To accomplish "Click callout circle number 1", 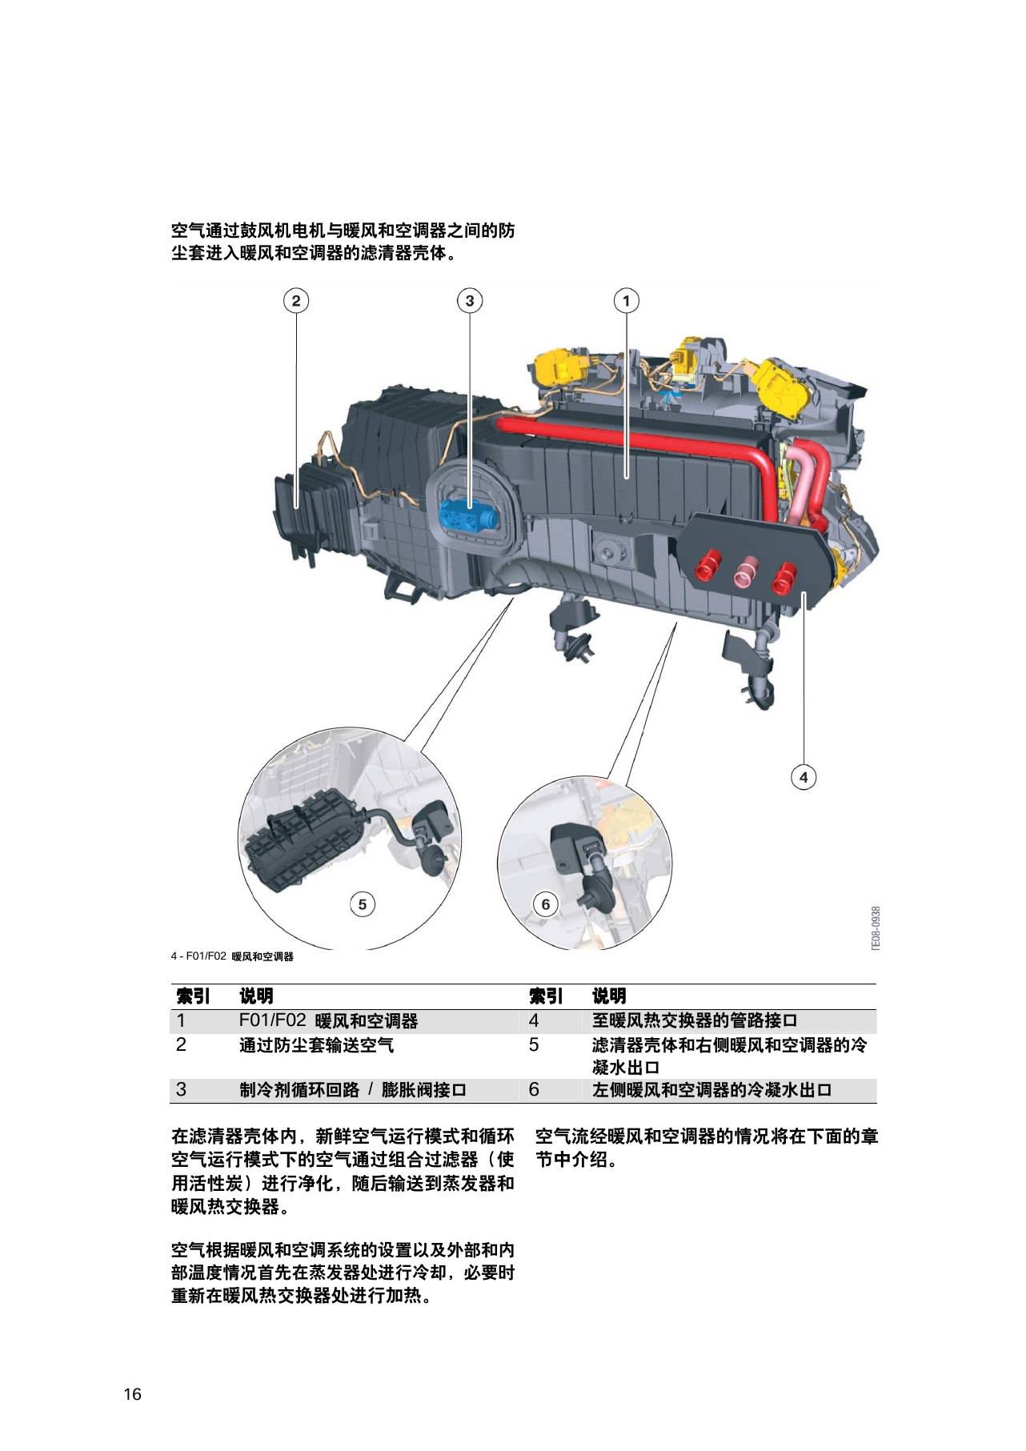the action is pos(626,301).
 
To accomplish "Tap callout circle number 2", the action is pos(296,301).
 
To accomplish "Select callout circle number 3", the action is pos(470,301).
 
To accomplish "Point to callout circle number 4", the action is pos(804,776).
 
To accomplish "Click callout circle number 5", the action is pos(363,904).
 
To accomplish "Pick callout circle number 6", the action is pos(546,904).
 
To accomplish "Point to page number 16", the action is pos(132,1395).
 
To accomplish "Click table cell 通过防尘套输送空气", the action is pos(316,1045).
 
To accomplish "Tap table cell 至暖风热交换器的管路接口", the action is pos(695,1020).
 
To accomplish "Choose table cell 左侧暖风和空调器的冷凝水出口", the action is pos(711,1089).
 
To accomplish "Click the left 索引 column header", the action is pos(193,996).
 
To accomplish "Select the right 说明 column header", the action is pos(609,996).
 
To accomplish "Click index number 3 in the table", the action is pos(181,1089).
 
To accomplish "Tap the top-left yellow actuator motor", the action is pos(561,366).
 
